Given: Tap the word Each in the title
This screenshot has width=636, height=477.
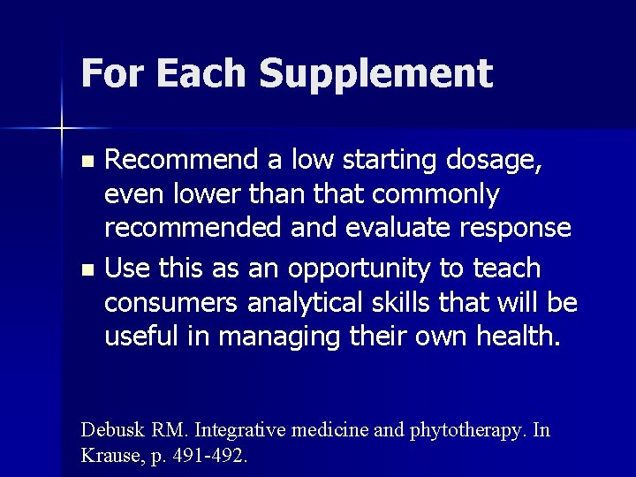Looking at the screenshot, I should [193, 72].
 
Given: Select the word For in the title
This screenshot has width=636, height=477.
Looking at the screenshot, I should [111, 72].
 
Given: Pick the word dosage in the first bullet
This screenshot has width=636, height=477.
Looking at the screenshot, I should [505, 162].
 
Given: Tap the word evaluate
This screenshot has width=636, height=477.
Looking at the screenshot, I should [387, 227].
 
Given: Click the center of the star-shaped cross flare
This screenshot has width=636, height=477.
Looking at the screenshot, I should [62, 129].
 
